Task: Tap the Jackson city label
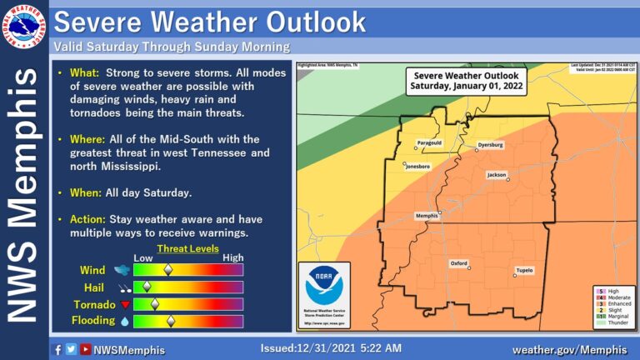point(497,175)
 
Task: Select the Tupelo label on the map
point(524,271)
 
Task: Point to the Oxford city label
point(459,263)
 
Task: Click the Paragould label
point(429,142)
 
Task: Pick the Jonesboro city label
point(417,167)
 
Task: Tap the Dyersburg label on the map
point(490,145)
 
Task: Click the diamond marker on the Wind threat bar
point(167,270)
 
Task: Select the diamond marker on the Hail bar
point(147,287)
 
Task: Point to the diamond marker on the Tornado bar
point(153,303)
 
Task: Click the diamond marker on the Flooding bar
point(171,320)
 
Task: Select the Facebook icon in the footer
point(57,349)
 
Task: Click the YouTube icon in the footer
point(85,349)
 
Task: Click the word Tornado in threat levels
point(97,304)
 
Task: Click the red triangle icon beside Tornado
point(124,304)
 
